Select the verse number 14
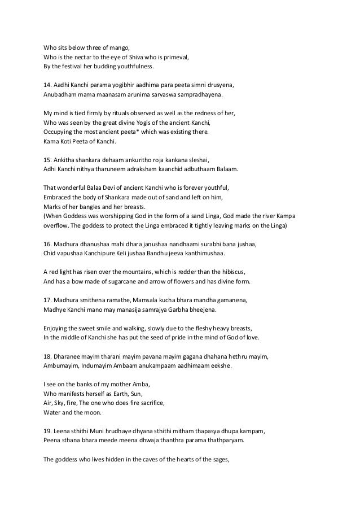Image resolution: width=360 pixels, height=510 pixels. point(47,85)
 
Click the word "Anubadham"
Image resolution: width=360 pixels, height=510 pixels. point(62,94)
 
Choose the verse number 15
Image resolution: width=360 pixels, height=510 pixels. point(47,159)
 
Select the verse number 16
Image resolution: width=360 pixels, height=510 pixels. point(47,243)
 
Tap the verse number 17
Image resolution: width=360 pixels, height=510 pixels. point(47,299)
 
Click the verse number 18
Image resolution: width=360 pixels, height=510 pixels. point(47,355)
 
